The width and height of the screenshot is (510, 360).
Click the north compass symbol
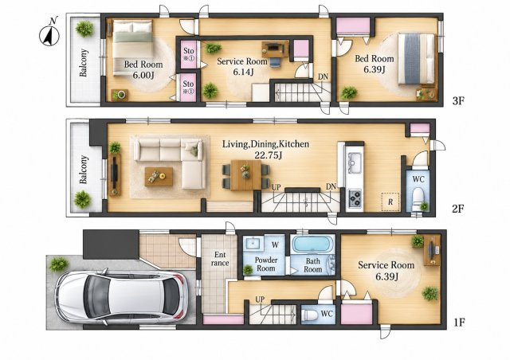point(49,33)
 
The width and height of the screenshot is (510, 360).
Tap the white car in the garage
point(121,297)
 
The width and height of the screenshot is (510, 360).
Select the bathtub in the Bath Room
point(313,244)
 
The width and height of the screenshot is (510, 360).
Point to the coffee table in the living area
point(159,177)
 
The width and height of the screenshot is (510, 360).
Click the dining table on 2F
point(246,175)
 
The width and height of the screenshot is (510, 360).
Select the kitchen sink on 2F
point(355,162)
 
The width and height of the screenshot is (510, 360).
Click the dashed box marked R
point(390,202)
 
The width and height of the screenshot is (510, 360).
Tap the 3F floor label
point(457,101)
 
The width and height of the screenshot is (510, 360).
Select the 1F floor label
point(459,323)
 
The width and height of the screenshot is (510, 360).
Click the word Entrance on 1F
point(220,259)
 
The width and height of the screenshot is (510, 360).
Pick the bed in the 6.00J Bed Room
point(133,48)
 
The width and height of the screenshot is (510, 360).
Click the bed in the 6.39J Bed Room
point(417,58)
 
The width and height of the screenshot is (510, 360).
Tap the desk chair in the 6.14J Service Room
point(275,62)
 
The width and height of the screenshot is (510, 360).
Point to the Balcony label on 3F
point(84,62)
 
